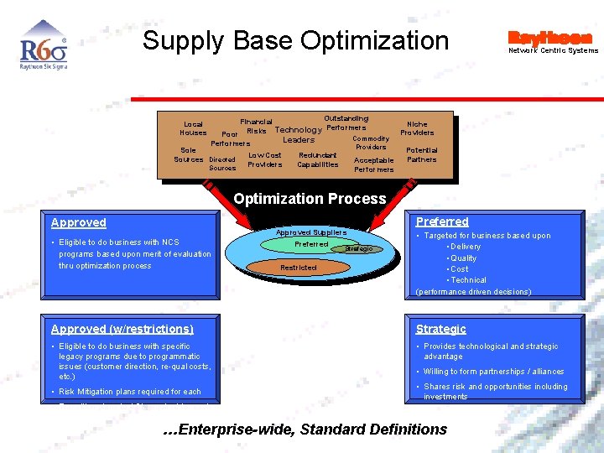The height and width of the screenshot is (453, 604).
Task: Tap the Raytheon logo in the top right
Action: coord(550,38)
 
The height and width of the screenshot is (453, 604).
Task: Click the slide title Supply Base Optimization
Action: coord(295,40)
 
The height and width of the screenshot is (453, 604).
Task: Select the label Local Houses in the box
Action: coord(193,128)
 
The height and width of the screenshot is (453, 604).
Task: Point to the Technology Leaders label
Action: coord(298,135)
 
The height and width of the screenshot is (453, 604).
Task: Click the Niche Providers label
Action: coord(417,128)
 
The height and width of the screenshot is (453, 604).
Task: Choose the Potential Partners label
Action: coord(421,155)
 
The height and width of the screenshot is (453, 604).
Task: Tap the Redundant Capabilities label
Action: coord(317,159)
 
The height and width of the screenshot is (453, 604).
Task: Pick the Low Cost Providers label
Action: coord(264,159)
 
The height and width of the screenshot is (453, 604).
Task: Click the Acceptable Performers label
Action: coord(373,164)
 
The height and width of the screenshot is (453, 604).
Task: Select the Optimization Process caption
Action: coord(310,199)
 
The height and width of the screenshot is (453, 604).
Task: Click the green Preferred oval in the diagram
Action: coord(310,244)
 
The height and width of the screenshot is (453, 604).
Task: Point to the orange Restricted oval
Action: coord(298,268)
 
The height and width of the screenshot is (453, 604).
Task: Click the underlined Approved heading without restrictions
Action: coord(79,222)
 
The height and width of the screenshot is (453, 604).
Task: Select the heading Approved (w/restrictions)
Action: coord(122,329)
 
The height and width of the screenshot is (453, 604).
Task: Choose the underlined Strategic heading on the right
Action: coord(440,329)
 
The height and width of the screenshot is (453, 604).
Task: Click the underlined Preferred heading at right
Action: coord(442,221)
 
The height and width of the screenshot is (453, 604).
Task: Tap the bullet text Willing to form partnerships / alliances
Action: coord(493,372)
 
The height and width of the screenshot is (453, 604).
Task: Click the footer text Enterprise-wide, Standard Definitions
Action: coord(305,430)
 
